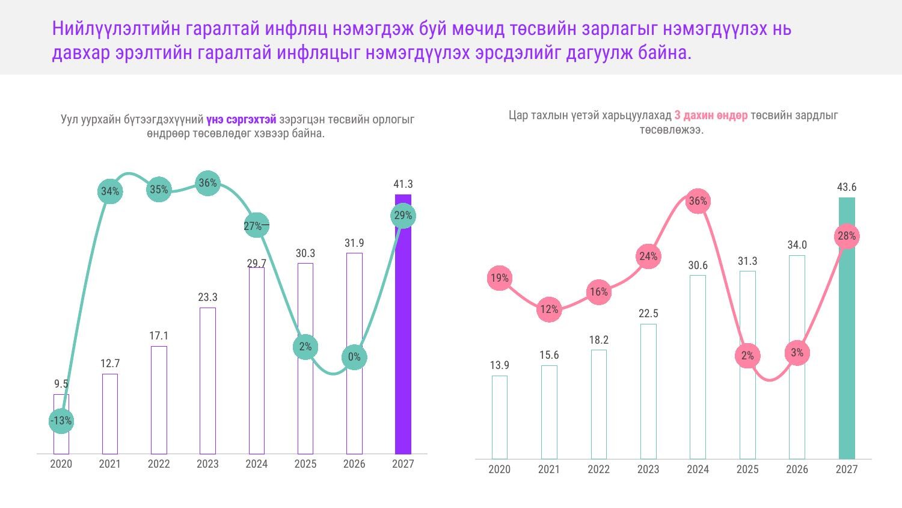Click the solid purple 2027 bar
click(403, 324)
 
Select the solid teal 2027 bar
click(847, 328)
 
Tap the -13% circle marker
click(61, 421)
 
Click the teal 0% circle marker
click(354, 357)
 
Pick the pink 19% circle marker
click(500, 278)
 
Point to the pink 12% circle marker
click(549, 309)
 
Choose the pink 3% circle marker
click(797, 353)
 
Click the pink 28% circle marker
click(847, 237)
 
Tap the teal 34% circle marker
click(110, 191)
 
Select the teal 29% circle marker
click(403, 215)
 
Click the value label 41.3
click(403, 184)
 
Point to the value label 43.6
click(847, 187)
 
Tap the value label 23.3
click(208, 297)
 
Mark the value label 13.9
click(500, 365)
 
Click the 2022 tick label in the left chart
click(159, 464)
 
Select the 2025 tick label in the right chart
click(748, 469)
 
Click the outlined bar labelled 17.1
click(159, 400)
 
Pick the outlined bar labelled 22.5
click(648, 391)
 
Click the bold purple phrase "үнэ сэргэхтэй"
click(241, 120)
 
